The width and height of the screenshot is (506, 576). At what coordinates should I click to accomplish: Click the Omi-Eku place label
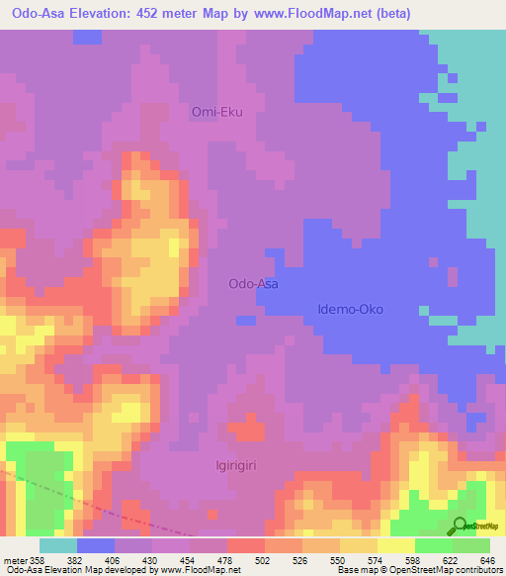pyautogui.click(x=216, y=112)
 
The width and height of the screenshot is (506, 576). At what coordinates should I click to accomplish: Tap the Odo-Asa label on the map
pyautogui.click(x=253, y=283)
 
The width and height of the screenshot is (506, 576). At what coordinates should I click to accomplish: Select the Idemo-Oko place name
pyautogui.click(x=350, y=309)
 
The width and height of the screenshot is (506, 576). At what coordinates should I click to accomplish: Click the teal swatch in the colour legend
pyautogui.click(x=57, y=545)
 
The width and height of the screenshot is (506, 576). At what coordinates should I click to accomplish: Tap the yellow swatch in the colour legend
pyautogui.click(x=395, y=545)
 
